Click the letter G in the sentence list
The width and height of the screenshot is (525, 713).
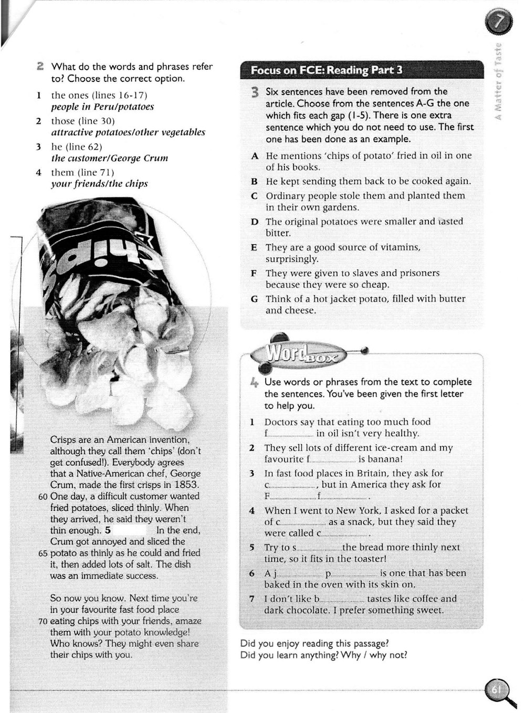tap(255, 299)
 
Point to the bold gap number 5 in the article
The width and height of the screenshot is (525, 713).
tap(108, 530)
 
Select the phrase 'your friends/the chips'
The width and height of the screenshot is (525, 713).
tap(99, 184)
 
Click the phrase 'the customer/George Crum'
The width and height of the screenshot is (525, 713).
tap(109, 158)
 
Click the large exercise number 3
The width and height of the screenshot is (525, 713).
tap(255, 93)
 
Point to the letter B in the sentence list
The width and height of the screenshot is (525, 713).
tap(255, 182)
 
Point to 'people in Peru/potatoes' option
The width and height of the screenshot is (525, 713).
tap(102, 107)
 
